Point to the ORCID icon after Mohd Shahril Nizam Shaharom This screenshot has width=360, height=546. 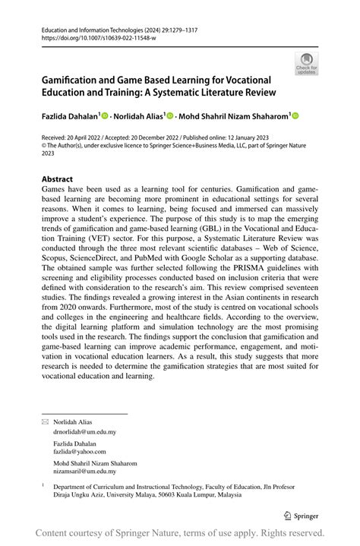point(295,116)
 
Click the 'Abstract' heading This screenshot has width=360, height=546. point(57,180)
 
